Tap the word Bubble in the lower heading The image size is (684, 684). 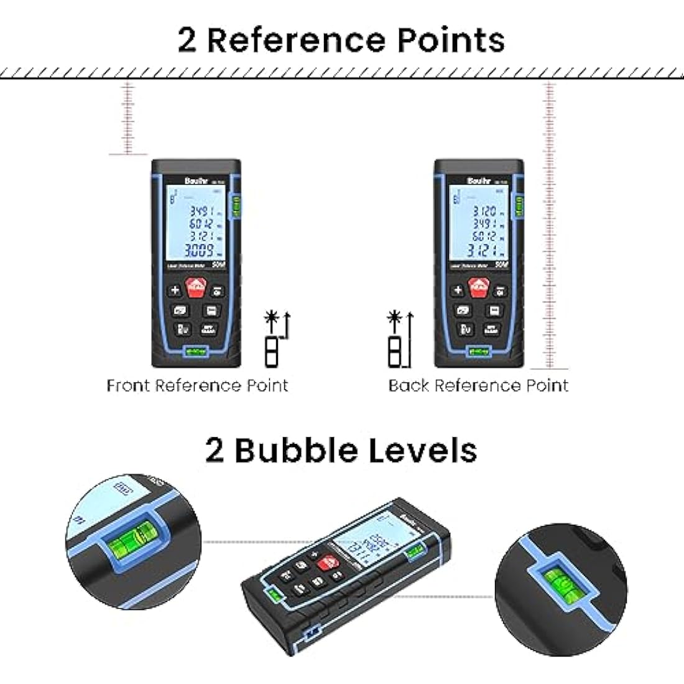[x=297, y=450]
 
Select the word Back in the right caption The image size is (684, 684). [x=409, y=386]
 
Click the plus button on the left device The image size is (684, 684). [x=175, y=289]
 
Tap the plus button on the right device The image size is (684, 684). [x=458, y=289]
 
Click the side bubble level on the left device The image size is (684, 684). [x=236, y=206]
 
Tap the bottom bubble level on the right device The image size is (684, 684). [x=479, y=353]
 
